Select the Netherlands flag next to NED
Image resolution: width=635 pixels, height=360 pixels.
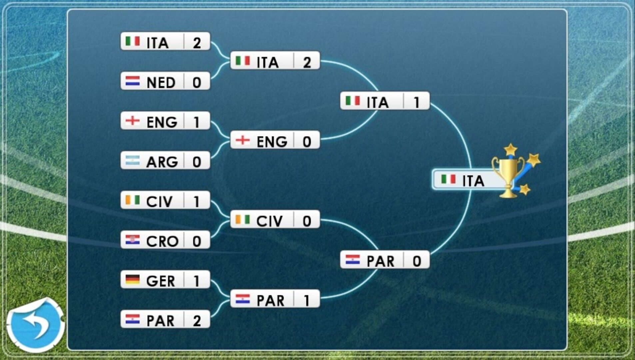coord(132,81)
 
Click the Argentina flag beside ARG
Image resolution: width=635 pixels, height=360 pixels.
coord(132,160)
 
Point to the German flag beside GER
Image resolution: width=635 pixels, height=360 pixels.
coord(132,279)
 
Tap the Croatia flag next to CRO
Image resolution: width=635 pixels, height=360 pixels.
coord(132,240)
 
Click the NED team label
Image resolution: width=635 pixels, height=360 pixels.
coord(161,82)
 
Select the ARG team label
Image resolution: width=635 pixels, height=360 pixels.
coord(162,162)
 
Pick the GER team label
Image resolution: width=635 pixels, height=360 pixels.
coord(161,281)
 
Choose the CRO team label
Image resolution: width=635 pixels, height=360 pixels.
coord(162,241)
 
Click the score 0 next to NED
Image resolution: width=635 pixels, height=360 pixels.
coord(197,82)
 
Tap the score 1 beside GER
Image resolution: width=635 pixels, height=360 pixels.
coord(197,281)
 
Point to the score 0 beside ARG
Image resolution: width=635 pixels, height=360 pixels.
coord(197,162)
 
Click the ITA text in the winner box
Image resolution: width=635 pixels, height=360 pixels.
coord(473,181)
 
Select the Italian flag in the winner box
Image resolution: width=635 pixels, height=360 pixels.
coord(448,179)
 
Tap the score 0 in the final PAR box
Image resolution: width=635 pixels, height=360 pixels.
coord(417,261)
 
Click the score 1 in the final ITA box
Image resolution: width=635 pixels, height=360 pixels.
coord(416,102)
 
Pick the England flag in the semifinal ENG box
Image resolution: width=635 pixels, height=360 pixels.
coord(243,140)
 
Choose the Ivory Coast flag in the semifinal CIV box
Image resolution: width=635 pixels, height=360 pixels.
coord(243,219)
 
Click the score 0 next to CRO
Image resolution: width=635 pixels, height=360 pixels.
coord(197,241)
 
